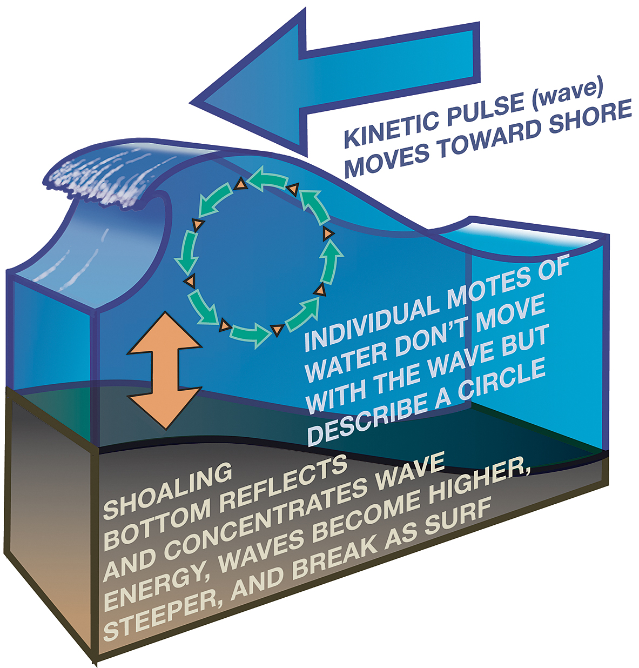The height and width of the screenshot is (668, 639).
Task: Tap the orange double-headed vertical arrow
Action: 164,370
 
